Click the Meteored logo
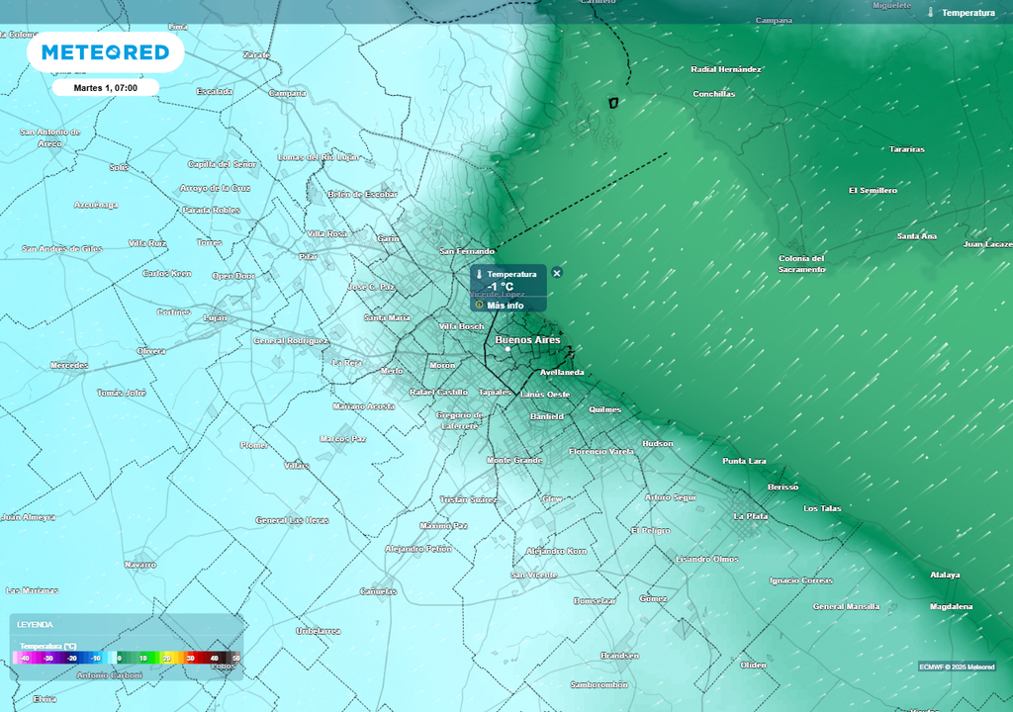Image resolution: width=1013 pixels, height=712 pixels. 105,52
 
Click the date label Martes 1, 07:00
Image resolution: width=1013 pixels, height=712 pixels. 105,88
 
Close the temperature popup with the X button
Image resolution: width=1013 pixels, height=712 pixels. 557,273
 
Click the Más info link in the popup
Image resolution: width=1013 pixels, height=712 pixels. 505,306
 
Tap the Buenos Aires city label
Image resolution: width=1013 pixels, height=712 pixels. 527,340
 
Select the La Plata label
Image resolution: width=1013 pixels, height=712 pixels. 750,516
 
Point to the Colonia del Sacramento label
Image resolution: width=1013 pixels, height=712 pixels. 801,264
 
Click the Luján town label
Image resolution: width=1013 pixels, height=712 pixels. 215,318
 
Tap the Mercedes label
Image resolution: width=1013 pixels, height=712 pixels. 69,366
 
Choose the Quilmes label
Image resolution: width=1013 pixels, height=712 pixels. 604,409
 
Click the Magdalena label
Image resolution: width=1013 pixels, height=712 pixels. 951,606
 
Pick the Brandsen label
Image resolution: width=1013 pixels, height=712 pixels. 619,656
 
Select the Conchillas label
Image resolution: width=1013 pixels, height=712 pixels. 713,94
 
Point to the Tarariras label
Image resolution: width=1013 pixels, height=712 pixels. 906,149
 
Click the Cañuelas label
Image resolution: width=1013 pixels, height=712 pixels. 378,592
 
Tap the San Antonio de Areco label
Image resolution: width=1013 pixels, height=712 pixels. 49,137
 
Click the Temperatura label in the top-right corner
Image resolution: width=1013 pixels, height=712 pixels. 967,13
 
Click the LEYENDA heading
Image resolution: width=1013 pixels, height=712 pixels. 35,625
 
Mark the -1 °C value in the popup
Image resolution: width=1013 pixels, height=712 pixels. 501,287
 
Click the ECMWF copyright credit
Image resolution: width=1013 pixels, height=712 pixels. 957,667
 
